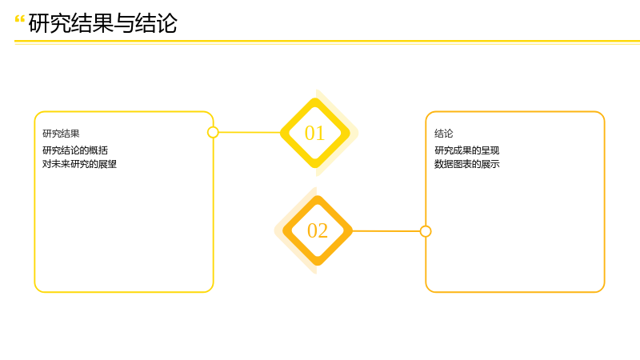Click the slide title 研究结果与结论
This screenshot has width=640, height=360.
pyautogui.click(x=103, y=23)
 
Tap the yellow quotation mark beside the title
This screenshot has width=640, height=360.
pyautogui.click(x=19, y=18)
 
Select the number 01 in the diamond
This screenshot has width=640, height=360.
pyautogui.click(x=314, y=133)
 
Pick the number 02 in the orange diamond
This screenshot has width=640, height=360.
pyautogui.click(x=318, y=230)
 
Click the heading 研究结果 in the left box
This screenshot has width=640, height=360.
pyautogui.click(x=61, y=134)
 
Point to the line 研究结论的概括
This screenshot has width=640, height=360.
pyautogui.click(x=75, y=150)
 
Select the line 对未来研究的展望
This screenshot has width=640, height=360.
pyautogui.click(x=79, y=164)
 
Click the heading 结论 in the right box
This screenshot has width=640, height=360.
pyautogui.click(x=444, y=134)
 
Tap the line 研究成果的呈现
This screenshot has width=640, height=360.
pyautogui.click(x=467, y=150)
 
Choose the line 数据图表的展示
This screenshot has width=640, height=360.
pyautogui.click(x=467, y=164)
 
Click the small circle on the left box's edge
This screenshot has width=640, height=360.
pyautogui.click(x=213, y=132)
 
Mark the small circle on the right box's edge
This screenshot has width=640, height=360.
pyautogui.click(x=426, y=231)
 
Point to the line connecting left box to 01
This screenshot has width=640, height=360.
pyautogui.click(x=250, y=132)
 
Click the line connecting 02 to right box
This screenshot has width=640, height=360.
pyautogui.click(x=386, y=231)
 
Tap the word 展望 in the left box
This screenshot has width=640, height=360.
pyautogui.click(x=108, y=164)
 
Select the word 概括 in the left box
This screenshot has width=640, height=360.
pyautogui.click(x=98, y=150)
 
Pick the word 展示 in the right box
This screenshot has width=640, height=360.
pyautogui.click(x=490, y=164)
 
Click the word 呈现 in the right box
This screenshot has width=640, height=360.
pyautogui.click(x=490, y=150)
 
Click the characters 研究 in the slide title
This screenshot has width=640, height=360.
pyautogui.click(x=50, y=23)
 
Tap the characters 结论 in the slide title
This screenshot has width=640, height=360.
pyautogui.click(x=156, y=23)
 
